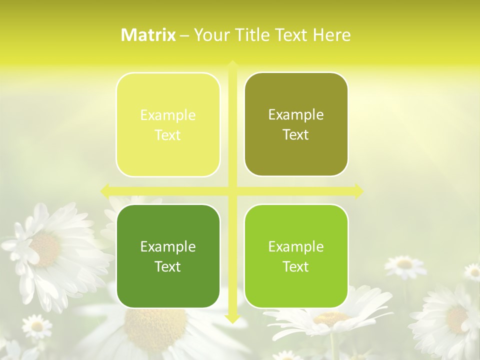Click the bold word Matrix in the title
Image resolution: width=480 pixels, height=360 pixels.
pyautogui.click(x=148, y=35)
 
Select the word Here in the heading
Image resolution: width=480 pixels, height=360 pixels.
pyautogui.click(x=331, y=35)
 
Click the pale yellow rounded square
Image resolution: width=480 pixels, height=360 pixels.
pyautogui.click(x=168, y=125)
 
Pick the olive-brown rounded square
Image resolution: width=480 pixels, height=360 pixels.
pyautogui.click(x=296, y=124)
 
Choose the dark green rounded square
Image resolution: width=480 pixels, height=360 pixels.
pyautogui.click(x=168, y=256)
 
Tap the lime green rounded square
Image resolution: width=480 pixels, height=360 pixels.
pyautogui.click(x=296, y=256)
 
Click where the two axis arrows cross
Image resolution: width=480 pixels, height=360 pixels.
pyautogui.click(x=232, y=190)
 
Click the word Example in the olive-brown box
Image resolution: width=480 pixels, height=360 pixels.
pyautogui.click(x=296, y=115)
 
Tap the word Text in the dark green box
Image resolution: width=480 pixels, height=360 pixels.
pyautogui.click(x=168, y=266)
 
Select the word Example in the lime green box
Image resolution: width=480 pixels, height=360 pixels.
pyautogui.click(x=296, y=246)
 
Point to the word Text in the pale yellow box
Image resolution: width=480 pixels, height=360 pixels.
pyautogui.click(x=168, y=135)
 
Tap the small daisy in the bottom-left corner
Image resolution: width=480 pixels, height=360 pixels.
pyautogui.click(x=36, y=326)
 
